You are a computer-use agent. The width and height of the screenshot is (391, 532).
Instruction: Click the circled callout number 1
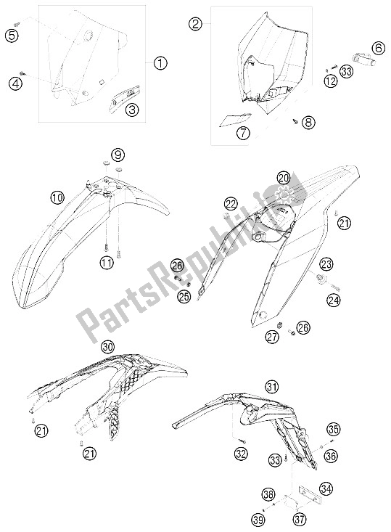coord(160,63)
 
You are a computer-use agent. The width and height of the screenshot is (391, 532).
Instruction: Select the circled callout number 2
coord(195,24)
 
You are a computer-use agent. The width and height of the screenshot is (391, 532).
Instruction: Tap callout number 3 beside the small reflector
coord(132,110)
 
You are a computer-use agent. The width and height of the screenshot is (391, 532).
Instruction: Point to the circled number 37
coord(300,519)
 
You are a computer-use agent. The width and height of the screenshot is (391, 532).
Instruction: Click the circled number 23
coord(326,264)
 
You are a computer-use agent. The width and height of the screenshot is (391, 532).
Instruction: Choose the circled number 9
coord(118,155)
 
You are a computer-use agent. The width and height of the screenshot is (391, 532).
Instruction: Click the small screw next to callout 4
coord(22,73)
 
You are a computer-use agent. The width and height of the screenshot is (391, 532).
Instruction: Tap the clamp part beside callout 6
coord(363,58)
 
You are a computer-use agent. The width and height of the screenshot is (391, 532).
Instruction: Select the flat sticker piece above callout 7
coord(235,119)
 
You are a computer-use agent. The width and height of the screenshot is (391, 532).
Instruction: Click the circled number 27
coord(272,336)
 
